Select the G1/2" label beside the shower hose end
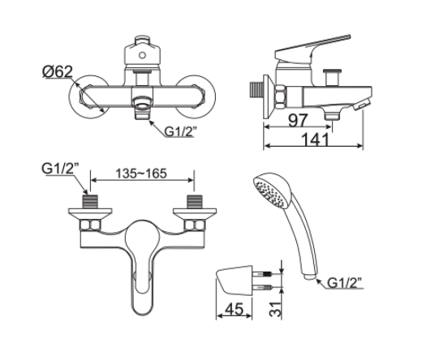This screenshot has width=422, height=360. click(x=344, y=283)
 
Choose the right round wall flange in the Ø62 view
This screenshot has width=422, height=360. click(x=196, y=96)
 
